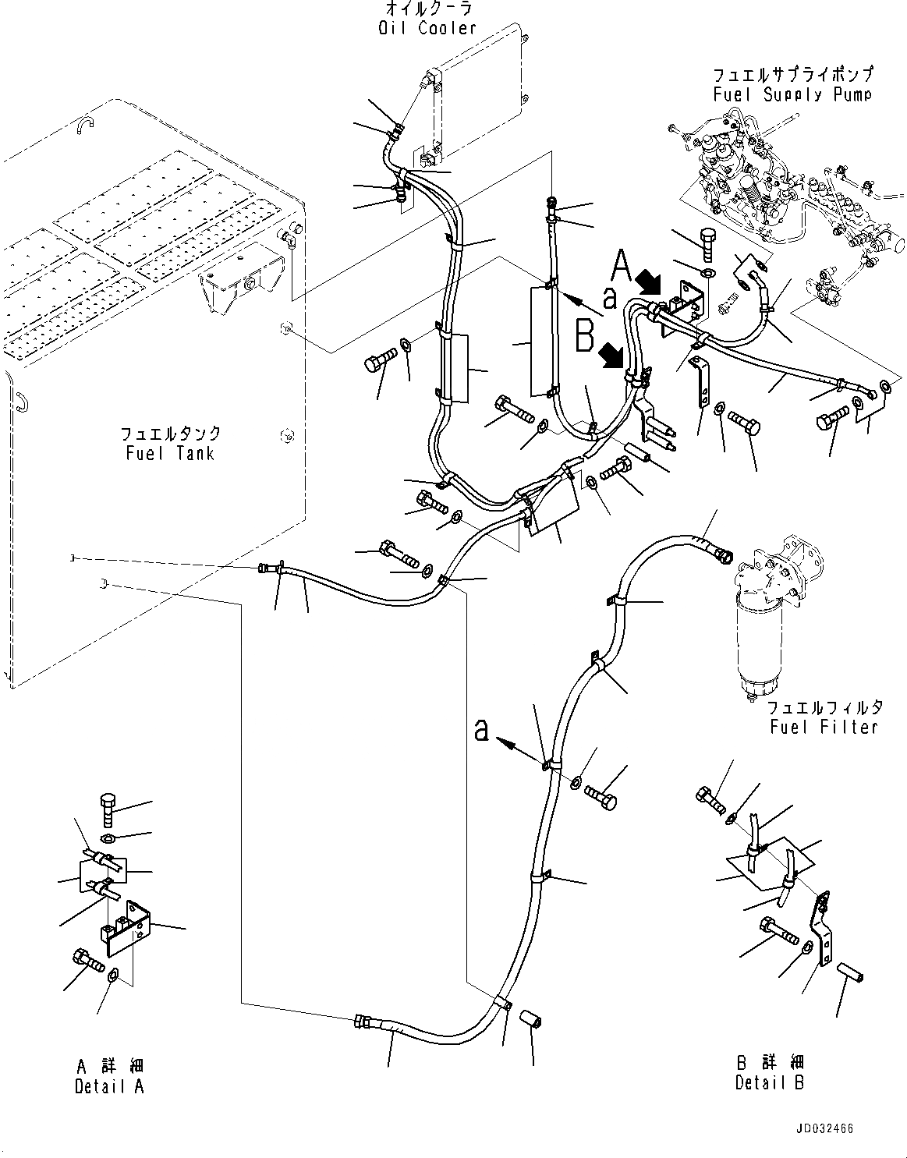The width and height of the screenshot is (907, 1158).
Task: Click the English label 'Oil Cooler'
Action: pos(425,28)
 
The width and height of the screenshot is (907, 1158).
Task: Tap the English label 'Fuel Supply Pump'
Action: pos(792,94)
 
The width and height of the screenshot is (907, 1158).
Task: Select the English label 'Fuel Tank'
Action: pos(170,452)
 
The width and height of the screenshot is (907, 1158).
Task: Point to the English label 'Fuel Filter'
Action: pos(824,727)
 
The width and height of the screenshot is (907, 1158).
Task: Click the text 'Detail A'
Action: pos(109,1086)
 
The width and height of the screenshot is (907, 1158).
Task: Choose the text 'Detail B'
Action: pos(769,1082)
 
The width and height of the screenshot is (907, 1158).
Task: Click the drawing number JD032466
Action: pos(825,1128)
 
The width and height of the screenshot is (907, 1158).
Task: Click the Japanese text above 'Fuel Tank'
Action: pos(170,434)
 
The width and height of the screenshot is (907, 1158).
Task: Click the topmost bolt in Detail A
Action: pos(108,810)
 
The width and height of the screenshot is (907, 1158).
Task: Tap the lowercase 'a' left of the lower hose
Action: pos(483,730)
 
